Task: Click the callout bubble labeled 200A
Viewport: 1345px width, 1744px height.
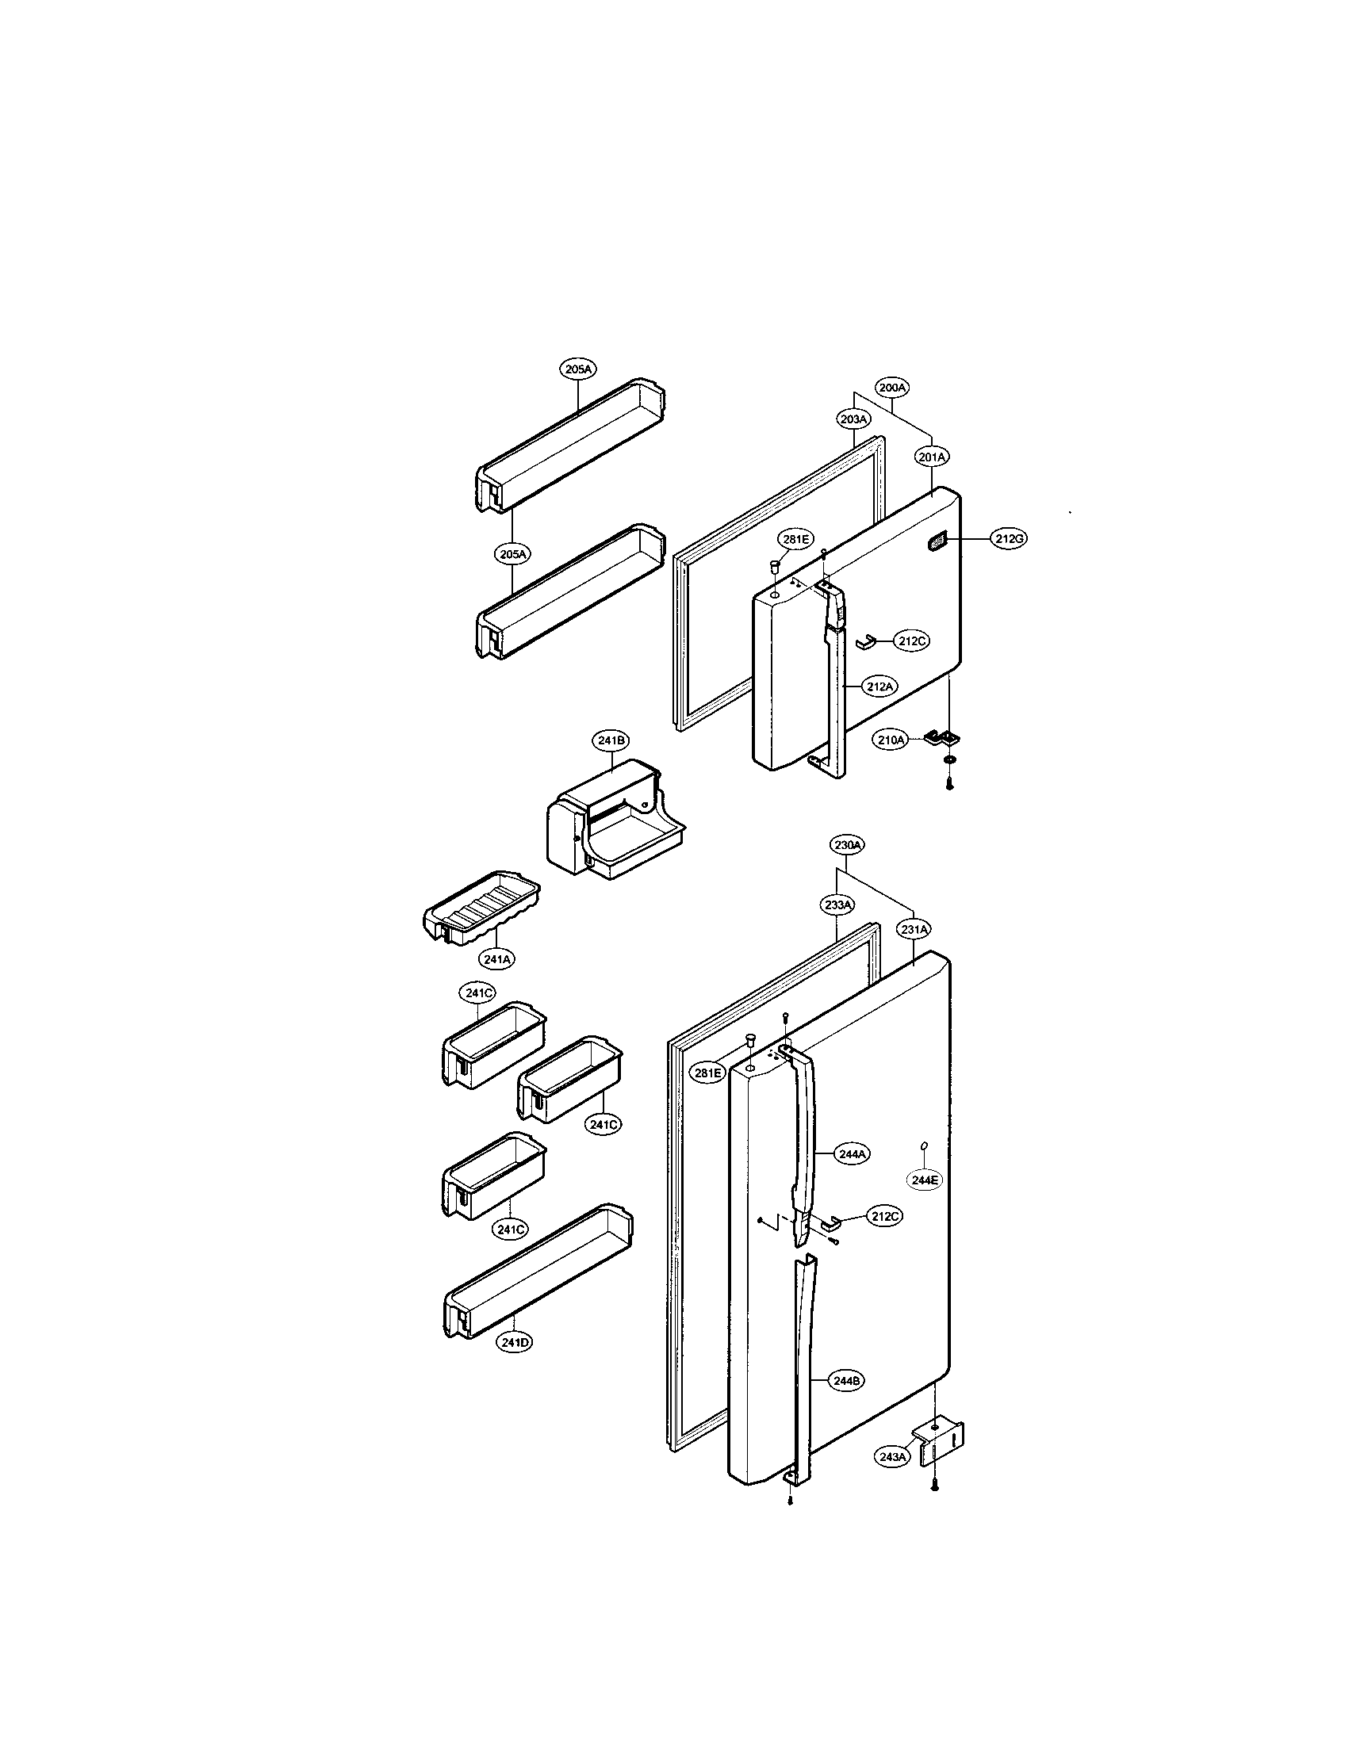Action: [892, 388]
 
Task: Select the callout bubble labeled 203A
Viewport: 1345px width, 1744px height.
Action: [854, 419]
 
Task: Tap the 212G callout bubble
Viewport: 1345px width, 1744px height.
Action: [1009, 539]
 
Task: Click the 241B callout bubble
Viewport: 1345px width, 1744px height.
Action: [611, 740]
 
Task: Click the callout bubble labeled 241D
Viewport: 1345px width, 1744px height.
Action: [515, 1342]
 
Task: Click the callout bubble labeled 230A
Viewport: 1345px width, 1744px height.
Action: [846, 844]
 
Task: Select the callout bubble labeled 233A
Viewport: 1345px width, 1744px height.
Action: [836, 905]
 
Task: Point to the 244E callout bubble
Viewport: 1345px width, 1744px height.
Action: [925, 1180]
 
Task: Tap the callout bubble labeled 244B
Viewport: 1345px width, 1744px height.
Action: [845, 1381]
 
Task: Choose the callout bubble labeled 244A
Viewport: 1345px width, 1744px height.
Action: [853, 1154]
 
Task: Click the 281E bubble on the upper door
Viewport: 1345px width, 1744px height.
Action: [796, 540]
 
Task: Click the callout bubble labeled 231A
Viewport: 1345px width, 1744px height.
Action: [914, 930]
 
